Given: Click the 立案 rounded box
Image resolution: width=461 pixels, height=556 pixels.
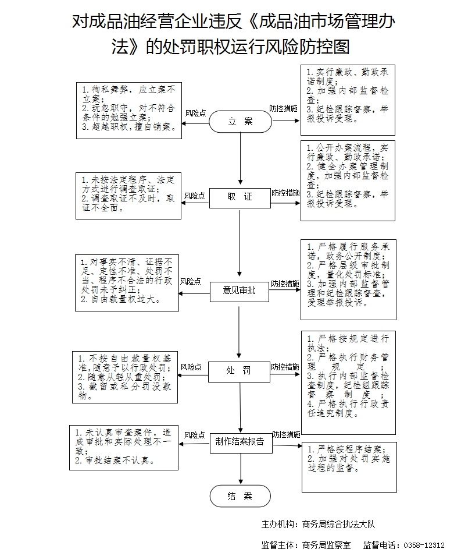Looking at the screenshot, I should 240,121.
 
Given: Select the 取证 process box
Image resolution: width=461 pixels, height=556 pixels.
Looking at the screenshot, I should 240,197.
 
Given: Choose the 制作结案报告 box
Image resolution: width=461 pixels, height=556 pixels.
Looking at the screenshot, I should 240,441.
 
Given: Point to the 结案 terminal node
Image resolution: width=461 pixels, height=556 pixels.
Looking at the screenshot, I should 240,496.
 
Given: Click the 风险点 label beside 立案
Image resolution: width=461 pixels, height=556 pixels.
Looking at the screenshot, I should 195,113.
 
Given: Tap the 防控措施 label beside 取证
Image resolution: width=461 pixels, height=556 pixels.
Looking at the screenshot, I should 285,193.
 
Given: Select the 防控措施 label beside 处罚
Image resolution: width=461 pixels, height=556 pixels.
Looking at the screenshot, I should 285,367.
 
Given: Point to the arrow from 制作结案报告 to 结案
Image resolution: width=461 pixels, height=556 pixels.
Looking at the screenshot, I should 240,468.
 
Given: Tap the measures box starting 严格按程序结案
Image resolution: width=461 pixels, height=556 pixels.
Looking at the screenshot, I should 348,466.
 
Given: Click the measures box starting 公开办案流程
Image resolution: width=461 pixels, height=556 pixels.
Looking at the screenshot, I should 348,180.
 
